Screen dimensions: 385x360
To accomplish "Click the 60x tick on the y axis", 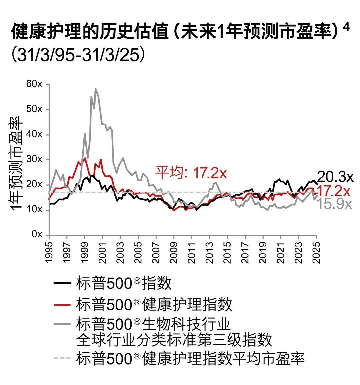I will tap(34, 84).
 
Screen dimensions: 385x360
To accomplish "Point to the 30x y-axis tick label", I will tap(34, 159).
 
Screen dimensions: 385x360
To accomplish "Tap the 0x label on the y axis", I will tap(37, 234).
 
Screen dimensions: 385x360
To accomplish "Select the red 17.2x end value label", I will tap(334, 191).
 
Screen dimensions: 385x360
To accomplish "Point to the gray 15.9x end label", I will tap(334, 204).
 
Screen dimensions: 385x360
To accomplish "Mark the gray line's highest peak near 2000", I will tap(95, 89).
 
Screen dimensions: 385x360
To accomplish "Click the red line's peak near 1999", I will tap(85, 158).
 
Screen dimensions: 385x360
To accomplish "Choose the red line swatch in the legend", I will tap(62, 304).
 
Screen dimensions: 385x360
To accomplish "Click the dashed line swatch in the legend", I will tap(62, 358).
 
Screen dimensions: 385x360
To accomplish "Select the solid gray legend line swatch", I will tap(62, 324).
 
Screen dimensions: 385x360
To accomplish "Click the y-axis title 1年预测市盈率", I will tap(16, 163).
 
